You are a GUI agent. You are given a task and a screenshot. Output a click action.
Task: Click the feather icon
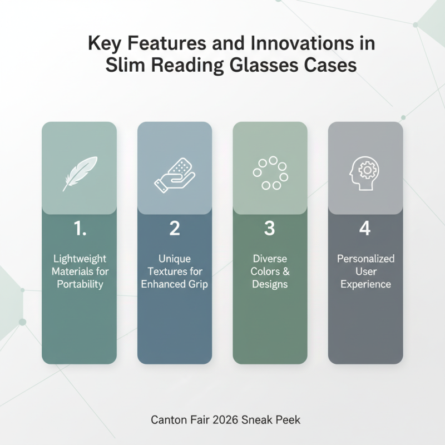click(x=79, y=173)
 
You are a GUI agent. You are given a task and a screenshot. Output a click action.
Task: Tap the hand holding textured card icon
click(x=174, y=175)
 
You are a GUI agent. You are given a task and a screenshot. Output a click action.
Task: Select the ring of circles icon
click(x=270, y=173)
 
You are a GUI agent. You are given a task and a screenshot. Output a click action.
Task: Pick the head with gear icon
click(x=365, y=173)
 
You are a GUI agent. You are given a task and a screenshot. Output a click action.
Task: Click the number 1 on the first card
click(x=79, y=229)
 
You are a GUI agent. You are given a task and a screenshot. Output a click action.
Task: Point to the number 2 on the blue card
click(x=174, y=229)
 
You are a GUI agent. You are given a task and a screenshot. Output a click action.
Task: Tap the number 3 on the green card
click(x=270, y=229)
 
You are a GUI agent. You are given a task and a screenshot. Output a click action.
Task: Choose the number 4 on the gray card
click(x=365, y=229)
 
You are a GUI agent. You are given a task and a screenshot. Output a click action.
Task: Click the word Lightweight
click(x=79, y=259)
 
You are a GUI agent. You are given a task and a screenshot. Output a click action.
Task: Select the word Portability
click(x=79, y=284)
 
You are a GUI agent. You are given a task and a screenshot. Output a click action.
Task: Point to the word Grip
click(x=197, y=284)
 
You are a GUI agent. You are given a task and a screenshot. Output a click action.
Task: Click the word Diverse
click(x=270, y=259)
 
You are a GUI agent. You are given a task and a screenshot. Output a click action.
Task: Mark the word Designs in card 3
click(x=270, y=284)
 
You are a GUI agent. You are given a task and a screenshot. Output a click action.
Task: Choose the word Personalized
click(x=365, y=259)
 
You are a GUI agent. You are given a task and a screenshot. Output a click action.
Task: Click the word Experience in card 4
click(x=365, y=284)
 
